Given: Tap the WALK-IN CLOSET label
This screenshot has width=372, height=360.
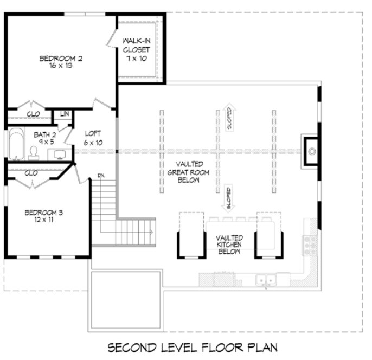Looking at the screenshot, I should pos(139,46).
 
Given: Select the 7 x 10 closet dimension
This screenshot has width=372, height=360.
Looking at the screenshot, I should pos(139,58).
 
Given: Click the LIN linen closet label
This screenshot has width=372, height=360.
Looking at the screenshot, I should pos(65,114).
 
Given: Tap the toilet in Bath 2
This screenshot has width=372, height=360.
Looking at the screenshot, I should pos(34,152).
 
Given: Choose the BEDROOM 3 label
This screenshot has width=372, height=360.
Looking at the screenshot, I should pos(44,213).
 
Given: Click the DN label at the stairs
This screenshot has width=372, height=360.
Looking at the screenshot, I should pos(101,175).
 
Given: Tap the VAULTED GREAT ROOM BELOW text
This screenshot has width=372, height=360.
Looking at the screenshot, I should pos(189,172).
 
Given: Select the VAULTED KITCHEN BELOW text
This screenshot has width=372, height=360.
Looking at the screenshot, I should pos(229,245).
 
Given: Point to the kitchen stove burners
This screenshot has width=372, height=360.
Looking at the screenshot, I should pos(311,245).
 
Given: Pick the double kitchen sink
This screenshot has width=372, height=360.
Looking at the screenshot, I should pos(266,280).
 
